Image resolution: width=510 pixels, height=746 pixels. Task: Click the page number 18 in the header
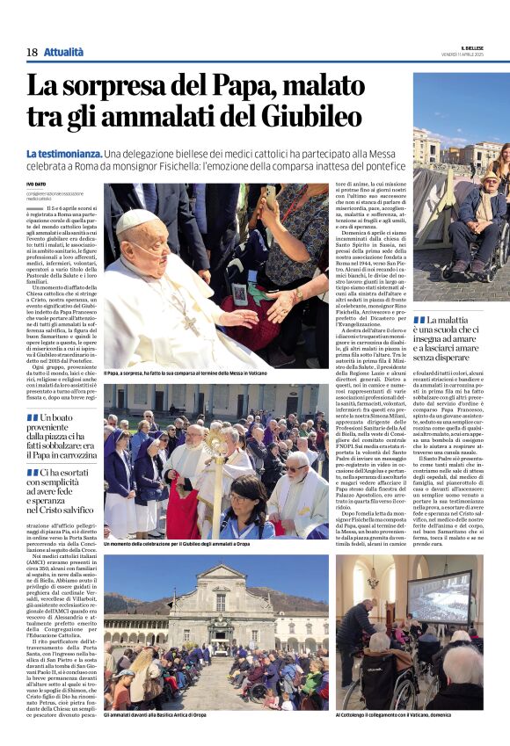32,52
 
